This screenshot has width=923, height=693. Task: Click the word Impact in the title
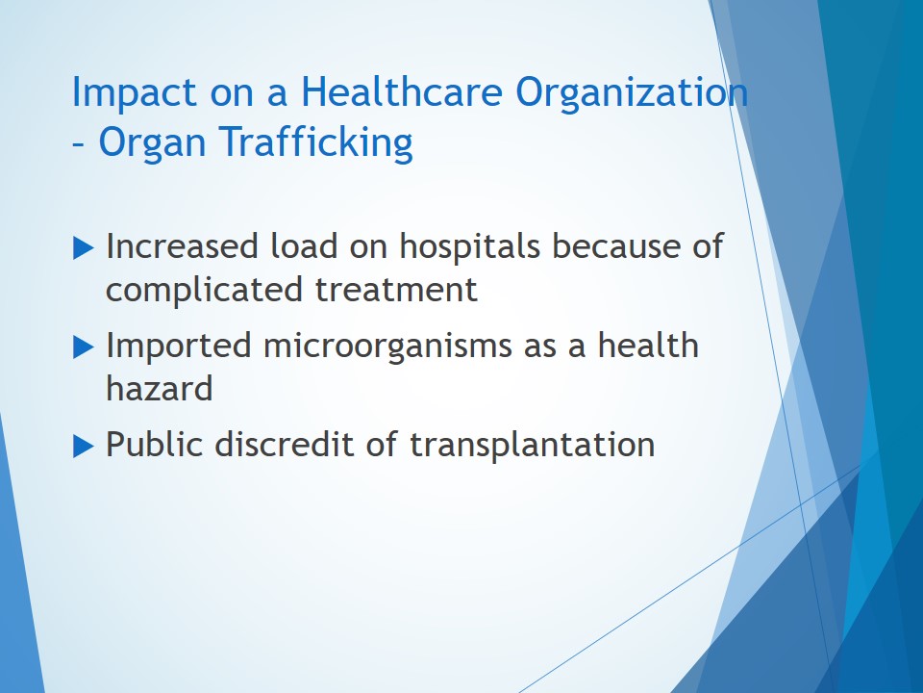point(134,92)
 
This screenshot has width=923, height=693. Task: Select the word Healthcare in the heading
point(402,91)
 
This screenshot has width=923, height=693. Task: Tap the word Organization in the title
point(632,92)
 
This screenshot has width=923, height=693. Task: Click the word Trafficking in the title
point(316,142)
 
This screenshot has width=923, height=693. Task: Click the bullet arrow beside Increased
point(83,247)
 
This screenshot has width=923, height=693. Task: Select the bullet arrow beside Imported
point(83,346)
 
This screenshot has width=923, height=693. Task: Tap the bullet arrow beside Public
point(83,446)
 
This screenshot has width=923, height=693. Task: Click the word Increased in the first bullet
point(182,245)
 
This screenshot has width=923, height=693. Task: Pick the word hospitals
point(470,247)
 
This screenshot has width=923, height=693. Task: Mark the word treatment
point(396,291)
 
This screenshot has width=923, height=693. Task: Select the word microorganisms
point(387,346)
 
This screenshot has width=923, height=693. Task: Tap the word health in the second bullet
point(648,345)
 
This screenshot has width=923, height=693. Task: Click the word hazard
point(160,388)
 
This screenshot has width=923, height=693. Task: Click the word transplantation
point(532,445)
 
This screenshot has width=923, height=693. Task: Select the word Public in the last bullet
point(154,444)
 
